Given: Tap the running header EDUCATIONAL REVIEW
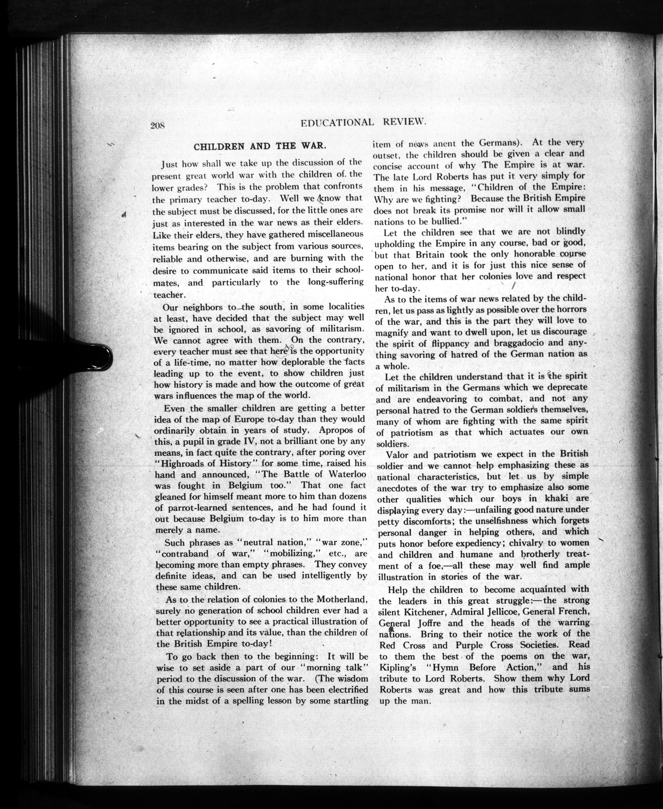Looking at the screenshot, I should [x=363, y=122].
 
